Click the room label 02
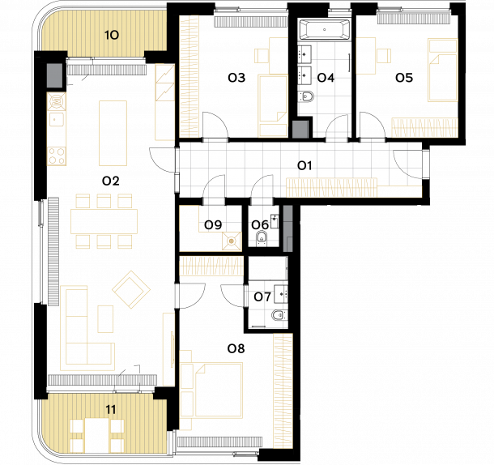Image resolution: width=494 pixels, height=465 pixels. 111,181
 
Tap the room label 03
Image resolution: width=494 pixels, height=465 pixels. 236,78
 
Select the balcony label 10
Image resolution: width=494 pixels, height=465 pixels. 112,35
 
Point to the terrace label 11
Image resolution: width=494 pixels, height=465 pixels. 110,410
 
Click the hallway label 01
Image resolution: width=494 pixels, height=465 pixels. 304,165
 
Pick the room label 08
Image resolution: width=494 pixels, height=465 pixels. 236,348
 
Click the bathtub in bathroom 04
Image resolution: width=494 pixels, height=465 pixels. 324,30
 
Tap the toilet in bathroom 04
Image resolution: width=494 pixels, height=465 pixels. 306,96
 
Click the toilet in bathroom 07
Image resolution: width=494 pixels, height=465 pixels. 279,315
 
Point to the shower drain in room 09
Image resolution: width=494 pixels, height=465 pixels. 232,241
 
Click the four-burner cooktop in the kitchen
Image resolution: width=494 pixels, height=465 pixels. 57,156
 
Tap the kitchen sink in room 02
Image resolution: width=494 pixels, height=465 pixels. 56,120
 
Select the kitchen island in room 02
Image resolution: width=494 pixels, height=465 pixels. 113,133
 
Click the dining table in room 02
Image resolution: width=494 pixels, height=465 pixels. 104,221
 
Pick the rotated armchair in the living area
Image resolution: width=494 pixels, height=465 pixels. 131,289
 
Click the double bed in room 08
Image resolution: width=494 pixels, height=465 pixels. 219,390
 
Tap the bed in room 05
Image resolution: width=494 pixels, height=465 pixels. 443,70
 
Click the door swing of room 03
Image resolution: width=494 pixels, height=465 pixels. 215,125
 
